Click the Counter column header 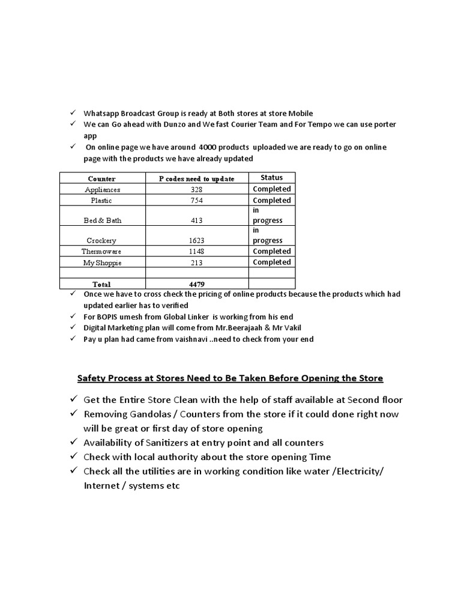(x=101, y=178)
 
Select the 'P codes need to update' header (x=196, y=178)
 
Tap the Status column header (x=271, y=177)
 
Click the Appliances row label (x=102, y=190)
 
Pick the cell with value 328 (x=196, y=190)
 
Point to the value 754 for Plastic (x=196, y=201)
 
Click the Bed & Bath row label (x=102, y=220)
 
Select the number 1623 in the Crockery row (x=196, y=240)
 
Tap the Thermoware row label (x=102, y=252)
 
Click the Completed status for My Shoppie (x=271, y=262)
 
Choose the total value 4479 (x=196, y=284)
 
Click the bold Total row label (x=101, y=284)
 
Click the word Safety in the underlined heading (x=91, y=378)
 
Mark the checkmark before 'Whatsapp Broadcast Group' (x=72, y=113)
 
